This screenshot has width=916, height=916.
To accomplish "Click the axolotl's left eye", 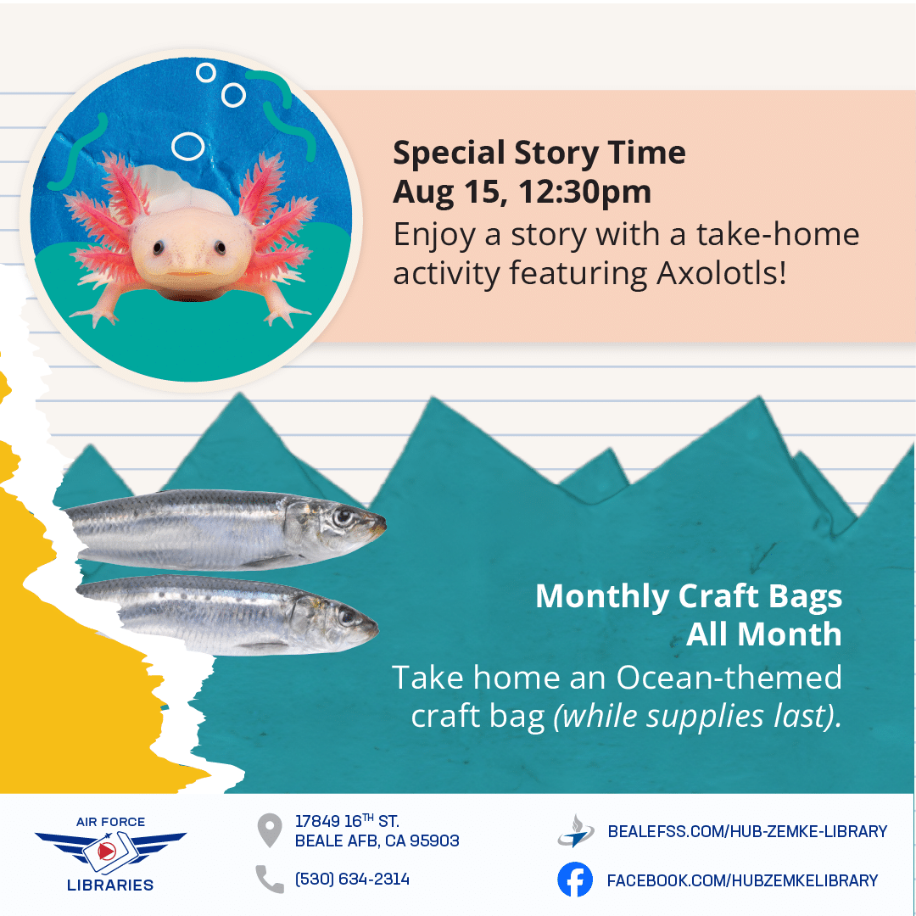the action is point(159,249).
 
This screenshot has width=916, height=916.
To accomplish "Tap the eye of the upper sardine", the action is point(342,517).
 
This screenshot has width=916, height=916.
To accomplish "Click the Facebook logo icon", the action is point(575,880).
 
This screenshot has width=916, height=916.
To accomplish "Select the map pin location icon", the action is point(270,830).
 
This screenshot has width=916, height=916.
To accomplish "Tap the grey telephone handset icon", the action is point(270,880).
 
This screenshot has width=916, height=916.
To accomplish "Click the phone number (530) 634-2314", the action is point(352,880).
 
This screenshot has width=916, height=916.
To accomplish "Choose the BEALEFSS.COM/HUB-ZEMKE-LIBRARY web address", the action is point(747,831).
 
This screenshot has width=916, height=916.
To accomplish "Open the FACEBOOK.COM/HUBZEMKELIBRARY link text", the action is point(742,880).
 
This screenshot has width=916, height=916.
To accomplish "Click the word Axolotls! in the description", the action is point(722,273).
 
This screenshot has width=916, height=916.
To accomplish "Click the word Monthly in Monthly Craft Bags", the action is point(602,597).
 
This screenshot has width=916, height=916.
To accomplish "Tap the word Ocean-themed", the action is point(729,678).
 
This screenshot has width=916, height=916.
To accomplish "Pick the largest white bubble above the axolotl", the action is point(187,146).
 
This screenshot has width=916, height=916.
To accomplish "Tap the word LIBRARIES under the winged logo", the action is point(110,885).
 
